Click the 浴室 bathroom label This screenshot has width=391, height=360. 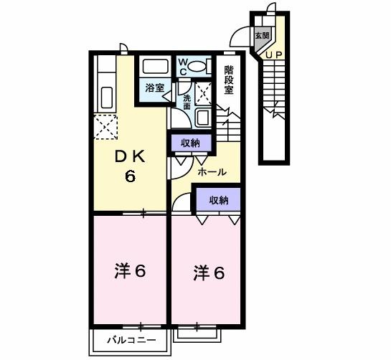click(x=154, y=88)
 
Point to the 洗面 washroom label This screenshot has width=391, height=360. click(x=187, y=101)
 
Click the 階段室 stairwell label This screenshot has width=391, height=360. click(x=229, y=80)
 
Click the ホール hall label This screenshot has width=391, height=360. click(x=212, y=172)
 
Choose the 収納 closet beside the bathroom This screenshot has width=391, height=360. click(x=190, y=143)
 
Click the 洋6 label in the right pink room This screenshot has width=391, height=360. click(x=208, y=273)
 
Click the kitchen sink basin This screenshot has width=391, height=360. click(x=105, y=96)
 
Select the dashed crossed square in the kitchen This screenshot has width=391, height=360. click(x=105, y=128)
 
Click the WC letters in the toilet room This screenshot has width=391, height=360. click(x=182, y=67)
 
